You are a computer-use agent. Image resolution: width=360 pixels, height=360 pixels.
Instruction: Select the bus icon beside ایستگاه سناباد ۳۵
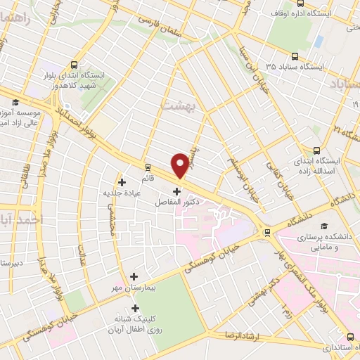point(293,57)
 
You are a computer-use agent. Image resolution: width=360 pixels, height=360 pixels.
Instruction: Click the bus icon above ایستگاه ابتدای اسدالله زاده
point(316,150)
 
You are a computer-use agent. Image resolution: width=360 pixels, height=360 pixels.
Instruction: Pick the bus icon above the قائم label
point(148,167)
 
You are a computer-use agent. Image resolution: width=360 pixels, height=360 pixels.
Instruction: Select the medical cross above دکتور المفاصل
point(176,191)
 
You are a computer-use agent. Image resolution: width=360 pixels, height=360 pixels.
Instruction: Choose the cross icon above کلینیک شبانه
point(135,308)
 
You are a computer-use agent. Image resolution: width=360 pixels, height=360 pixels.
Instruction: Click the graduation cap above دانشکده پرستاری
point(324,226)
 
